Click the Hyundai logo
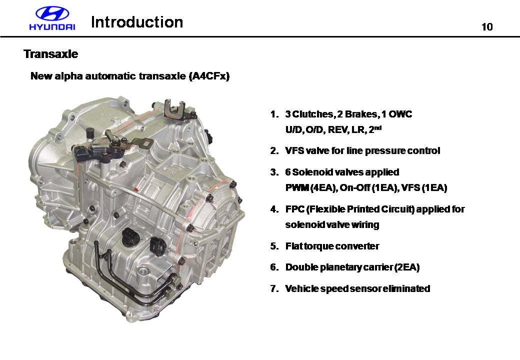[52, 18]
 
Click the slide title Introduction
[137, 22]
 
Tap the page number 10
[487, 27]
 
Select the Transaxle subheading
[50, 53]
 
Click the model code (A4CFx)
[209, 76]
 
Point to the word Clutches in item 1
[312, 114]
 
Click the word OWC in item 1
[400, 114]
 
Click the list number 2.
[274, 151]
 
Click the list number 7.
[274, 288]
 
